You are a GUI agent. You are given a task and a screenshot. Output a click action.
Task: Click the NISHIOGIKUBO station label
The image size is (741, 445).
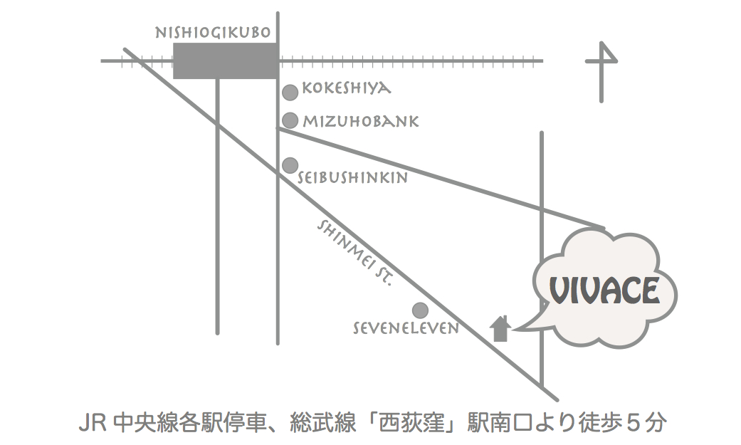coord(212,33)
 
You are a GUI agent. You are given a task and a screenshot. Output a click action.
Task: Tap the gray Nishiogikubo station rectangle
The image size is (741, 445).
coord(225,61)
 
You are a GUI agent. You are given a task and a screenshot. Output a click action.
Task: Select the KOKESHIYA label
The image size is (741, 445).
coord(347,89)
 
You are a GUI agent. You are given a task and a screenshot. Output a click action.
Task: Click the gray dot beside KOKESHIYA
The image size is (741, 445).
coord(290,92)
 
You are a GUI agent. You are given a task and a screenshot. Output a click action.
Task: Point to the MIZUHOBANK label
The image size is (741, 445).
coord(361,122)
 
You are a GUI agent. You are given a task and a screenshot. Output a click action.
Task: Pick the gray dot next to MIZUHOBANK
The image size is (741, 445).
coord(290,120)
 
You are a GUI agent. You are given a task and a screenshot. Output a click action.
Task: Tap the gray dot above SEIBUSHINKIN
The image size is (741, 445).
coord(290,165)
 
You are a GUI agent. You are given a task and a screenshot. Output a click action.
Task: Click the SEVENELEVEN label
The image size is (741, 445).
coord(406,328)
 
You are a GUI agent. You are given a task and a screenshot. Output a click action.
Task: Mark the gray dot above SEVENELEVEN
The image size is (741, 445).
coord(420,310)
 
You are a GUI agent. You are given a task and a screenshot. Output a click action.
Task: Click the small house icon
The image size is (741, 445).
coord(501,329)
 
